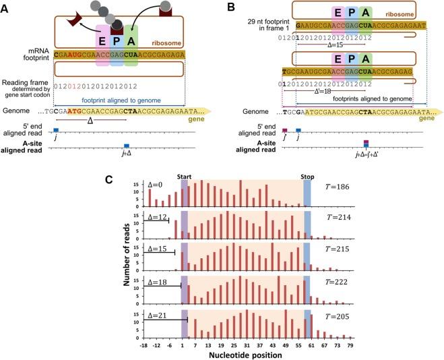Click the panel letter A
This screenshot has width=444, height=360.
tap(6, 7)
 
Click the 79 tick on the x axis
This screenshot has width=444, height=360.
tap(350, 345)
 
